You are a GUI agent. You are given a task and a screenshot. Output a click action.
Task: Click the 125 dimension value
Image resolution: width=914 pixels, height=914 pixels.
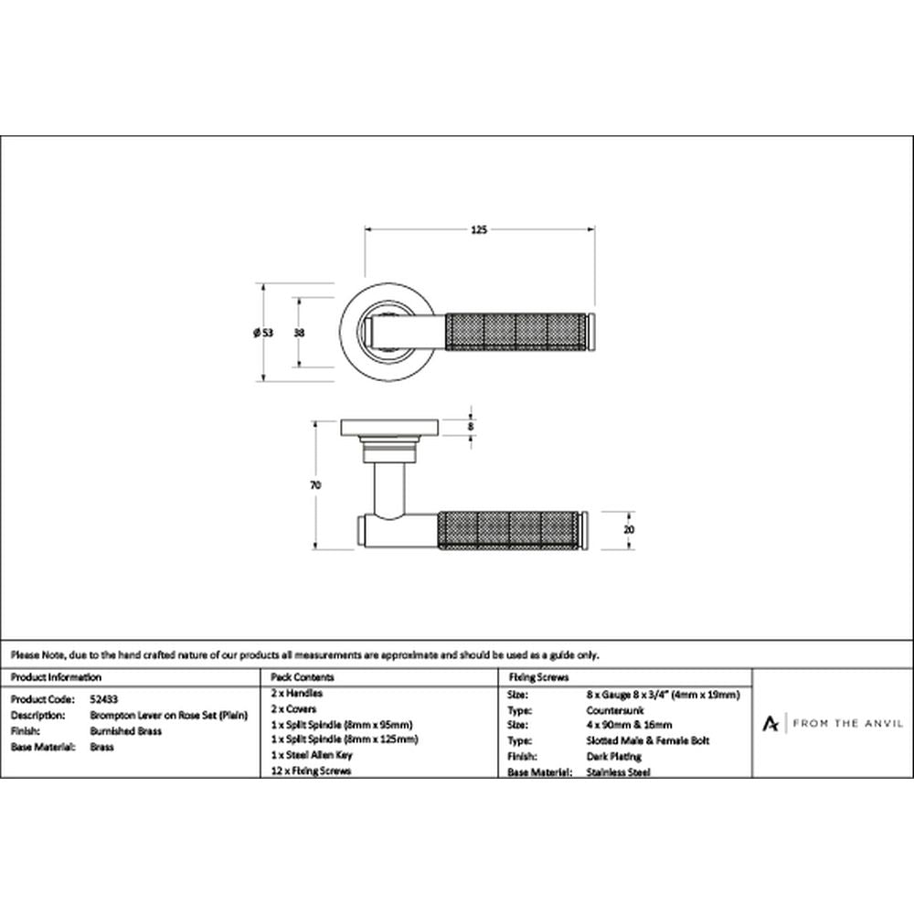coord(479,229)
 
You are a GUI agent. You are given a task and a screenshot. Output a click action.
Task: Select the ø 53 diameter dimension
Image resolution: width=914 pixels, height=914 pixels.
coord(263,333)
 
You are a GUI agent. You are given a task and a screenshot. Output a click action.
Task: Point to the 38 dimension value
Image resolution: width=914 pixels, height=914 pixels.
coord(299,333)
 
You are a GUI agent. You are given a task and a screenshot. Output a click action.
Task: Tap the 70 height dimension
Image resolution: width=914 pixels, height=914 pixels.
coord(315,485)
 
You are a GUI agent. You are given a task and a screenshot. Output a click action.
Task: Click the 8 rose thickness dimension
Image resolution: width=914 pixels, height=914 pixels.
coord(471,426)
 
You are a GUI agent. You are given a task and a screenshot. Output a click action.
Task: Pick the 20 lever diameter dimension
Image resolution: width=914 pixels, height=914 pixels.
coord(629,530)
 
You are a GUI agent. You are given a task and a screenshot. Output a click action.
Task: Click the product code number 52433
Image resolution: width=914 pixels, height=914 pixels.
coord(104,699)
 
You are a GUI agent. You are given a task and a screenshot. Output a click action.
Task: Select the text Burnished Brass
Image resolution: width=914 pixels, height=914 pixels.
coord(126,731)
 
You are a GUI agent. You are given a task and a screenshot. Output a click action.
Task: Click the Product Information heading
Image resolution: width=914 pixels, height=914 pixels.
coord(56,677)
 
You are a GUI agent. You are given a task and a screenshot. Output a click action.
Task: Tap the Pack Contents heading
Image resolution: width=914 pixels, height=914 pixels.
coord(302,677)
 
